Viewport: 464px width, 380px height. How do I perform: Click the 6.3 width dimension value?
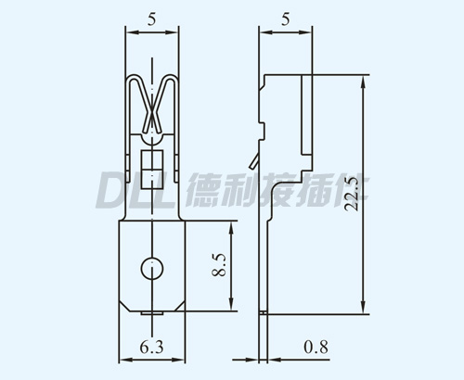151,347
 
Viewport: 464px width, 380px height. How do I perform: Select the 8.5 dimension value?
219,265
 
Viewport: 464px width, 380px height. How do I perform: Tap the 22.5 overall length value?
352,194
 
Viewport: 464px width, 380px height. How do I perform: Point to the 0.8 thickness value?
316,347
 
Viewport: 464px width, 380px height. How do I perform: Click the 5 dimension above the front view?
151,19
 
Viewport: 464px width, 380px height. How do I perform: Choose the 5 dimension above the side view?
286,19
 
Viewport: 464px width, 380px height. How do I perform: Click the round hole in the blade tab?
152,268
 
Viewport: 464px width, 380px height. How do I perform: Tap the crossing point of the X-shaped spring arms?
152,116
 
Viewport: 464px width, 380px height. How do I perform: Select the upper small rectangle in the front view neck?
152,159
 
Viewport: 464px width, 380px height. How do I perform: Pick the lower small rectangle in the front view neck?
152,179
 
